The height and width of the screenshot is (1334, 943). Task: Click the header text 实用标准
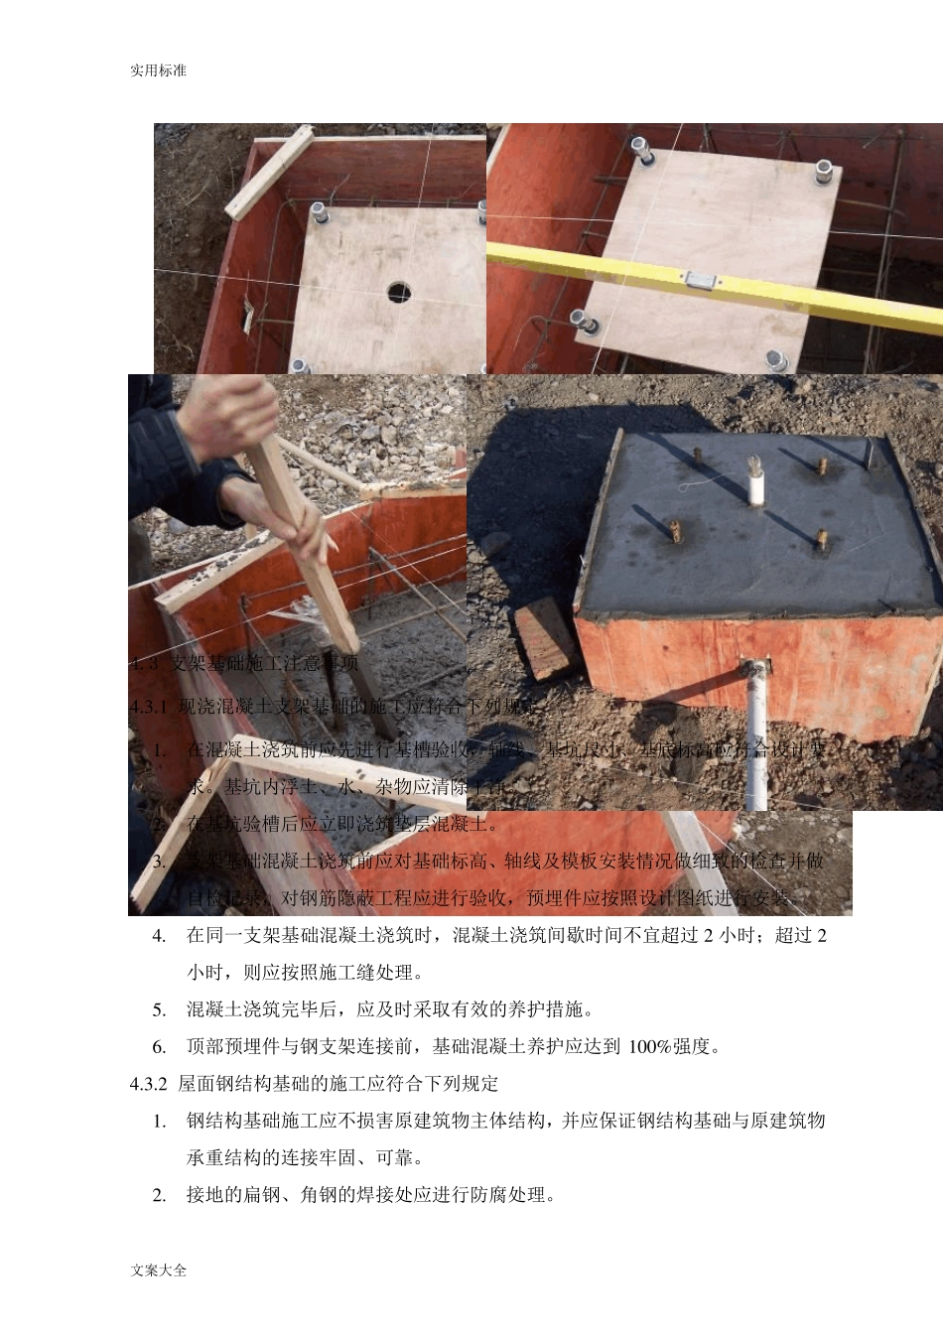(158, 70)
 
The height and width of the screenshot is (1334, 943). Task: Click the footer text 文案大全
(158, 1269)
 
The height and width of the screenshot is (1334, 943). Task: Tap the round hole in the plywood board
(399, 291)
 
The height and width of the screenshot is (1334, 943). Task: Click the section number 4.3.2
(149, 1084)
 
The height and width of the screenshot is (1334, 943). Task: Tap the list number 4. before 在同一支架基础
(159, 936)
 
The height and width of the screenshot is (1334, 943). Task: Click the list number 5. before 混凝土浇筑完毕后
(159, 1010)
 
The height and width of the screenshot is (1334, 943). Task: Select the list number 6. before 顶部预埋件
(159, 1047)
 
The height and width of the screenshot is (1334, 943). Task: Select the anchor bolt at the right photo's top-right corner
(823, 172)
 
